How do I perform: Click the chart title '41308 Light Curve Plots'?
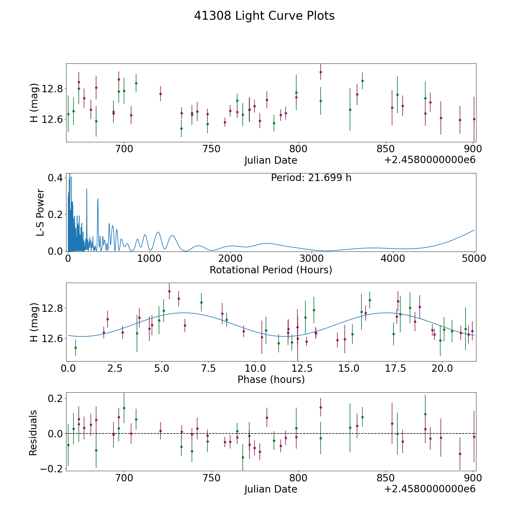264,16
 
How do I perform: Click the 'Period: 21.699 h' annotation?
311,178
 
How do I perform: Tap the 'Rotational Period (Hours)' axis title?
271,270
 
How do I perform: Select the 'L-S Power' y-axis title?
41,212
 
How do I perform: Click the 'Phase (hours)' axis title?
271,379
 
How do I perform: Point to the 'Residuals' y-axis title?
33,433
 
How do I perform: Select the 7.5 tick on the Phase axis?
209,368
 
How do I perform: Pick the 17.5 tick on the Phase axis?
396,368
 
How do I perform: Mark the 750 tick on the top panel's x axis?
211,149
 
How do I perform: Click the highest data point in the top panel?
321,72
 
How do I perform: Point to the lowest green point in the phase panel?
76,348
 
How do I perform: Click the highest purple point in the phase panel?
169,291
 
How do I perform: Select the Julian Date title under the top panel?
271,160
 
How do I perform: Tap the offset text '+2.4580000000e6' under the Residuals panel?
430,489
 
